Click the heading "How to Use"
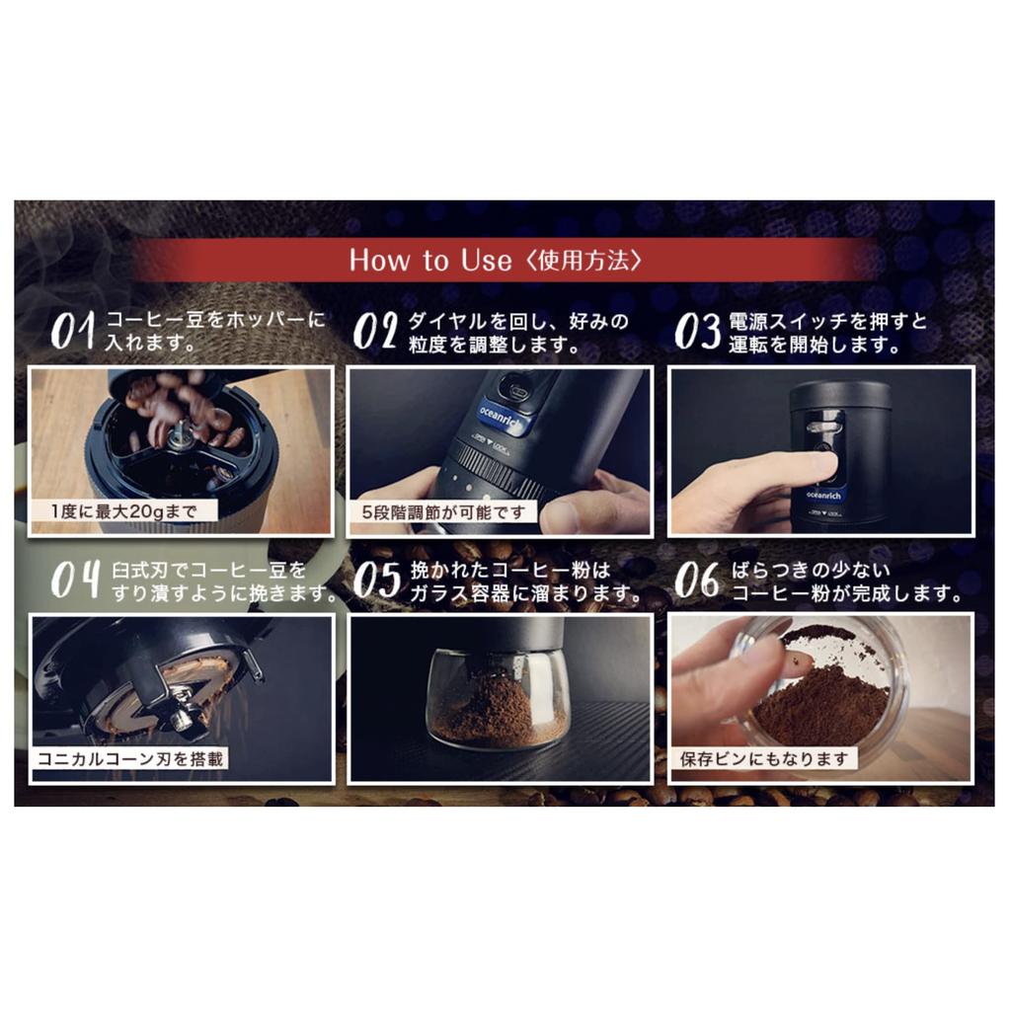pyautogui.click(x=430, y=260)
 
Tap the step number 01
pyautogui.click(x=73, y=330)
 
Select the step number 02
pyautogui.click(x=374, y=330)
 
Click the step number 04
pyautogui.click(x=76, y=579)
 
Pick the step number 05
pyautogui.click(x=377, y=579)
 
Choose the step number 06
pyautogui.click(x=696, y=579)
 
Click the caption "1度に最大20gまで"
pyautogui.click(x=123, y=512)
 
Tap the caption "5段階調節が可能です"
pyautogui.click(x=443, y=512)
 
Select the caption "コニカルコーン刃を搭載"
pyautogui.click(x=130, y=759)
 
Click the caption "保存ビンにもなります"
pyautogui.click(x=764, y=759)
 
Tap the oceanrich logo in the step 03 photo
pyautogui.click(x=823, y=496)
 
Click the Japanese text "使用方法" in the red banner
pyautogui.click(x=583, y=261)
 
